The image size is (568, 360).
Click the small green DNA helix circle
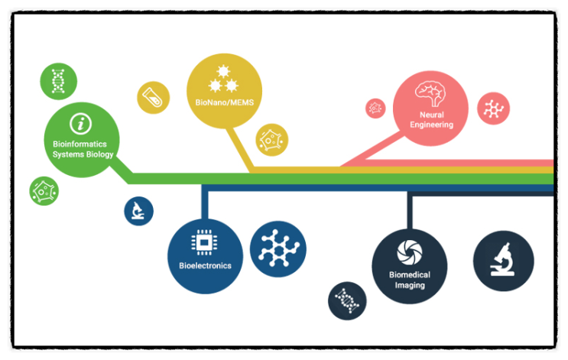[58, 81]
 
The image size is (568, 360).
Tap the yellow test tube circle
[153, 98]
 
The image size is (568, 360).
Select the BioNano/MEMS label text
[225, 102]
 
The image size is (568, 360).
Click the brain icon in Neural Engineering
[430, 93]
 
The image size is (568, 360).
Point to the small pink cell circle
[375, 108]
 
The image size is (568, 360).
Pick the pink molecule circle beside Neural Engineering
[493, 109]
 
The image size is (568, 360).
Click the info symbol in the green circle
[80, 124]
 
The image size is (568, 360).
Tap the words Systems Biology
[83, 154]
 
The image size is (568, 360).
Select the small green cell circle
[44, 191]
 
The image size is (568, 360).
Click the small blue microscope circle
[138, 211]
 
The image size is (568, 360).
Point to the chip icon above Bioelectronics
[204, 242]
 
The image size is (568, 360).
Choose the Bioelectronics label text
[205, 265]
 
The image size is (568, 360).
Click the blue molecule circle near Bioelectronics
[278, 249]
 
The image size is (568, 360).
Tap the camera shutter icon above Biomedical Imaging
[409, 252]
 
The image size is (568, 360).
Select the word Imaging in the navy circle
[410, 285]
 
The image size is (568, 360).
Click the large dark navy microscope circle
[503, 261]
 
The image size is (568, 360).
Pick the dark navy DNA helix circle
[347, 301]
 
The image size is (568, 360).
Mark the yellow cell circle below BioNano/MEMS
[271, 140]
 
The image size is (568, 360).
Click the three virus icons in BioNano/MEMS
[223, 79]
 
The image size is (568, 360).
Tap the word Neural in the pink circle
[431, 115]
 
